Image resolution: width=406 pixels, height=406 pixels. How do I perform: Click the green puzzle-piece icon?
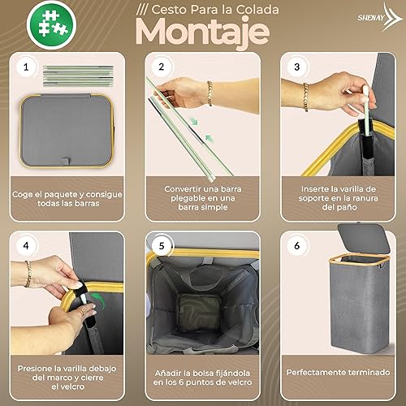[51, 24]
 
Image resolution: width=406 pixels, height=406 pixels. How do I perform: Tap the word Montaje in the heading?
[202, 32]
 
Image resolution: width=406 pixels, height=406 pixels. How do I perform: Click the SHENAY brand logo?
[380, 17]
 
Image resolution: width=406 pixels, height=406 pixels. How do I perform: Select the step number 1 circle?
[26, 67]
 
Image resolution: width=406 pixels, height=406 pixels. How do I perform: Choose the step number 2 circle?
[162, 67]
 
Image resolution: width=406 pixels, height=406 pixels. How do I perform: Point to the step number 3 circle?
[297, 67]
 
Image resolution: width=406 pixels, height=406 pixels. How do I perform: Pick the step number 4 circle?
[26, 246]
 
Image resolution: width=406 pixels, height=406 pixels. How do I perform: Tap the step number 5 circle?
[162, 246]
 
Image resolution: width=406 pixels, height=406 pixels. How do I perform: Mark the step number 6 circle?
[297, 246]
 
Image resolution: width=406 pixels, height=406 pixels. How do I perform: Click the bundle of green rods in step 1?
[78, 76]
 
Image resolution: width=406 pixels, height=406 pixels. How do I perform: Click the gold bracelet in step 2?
[209, 93]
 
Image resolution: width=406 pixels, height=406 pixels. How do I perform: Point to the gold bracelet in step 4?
[28, 274]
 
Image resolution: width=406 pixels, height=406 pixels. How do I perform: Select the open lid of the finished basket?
[364, 238]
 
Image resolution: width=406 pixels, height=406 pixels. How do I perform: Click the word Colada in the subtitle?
[257, 10]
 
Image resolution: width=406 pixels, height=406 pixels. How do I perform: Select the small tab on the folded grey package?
[66, 162]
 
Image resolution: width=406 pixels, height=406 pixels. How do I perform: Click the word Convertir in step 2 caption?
[181, 189]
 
